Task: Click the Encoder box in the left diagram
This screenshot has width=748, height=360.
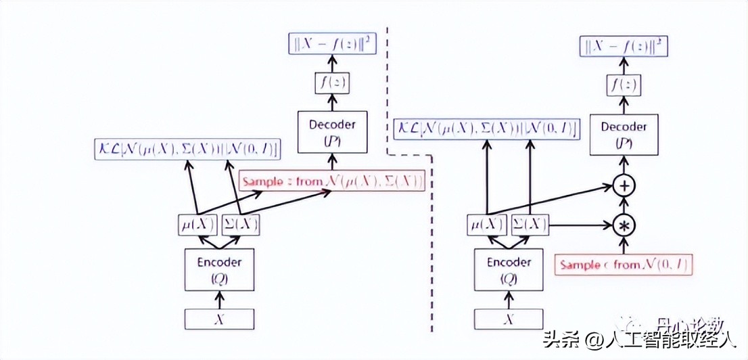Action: point(219,269)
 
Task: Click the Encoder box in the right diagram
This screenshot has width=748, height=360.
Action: point(508,269)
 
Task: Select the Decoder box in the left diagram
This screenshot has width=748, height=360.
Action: point(332,131)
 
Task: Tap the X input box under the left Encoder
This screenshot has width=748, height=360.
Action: point(219,319)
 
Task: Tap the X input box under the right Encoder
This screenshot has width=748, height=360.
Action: point(508,319)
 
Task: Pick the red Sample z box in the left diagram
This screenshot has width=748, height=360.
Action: point(332,181)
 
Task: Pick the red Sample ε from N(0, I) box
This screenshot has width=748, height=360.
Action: point(623,265)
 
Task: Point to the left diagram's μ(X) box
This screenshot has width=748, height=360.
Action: point(195,225)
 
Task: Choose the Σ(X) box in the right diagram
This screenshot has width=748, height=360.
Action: point(530,225)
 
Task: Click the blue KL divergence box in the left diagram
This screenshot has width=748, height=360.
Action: point(187,148)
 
